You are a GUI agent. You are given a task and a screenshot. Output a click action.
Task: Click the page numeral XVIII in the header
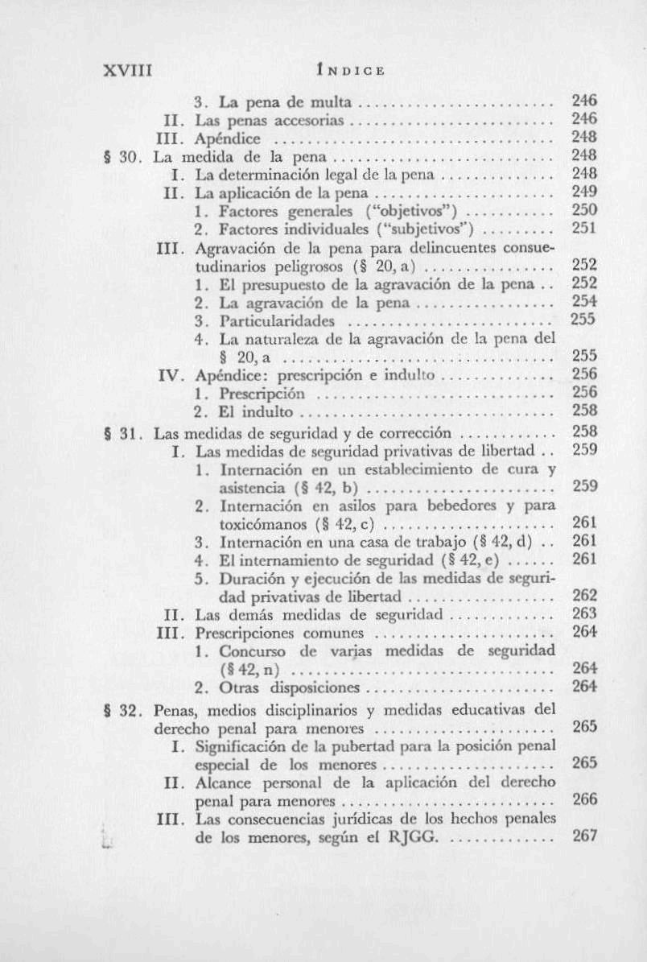coord(128,70)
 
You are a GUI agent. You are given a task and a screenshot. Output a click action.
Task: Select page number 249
coord(583,192)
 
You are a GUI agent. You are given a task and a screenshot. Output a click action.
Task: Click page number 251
coord(583,228)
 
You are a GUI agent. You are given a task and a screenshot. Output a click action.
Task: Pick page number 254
coord(583,301)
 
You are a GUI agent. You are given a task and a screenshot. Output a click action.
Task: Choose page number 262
coord(583,596)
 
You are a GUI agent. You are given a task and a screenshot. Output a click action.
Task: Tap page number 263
coord(583,614)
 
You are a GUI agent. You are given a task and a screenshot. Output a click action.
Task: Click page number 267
coord(583,836)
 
